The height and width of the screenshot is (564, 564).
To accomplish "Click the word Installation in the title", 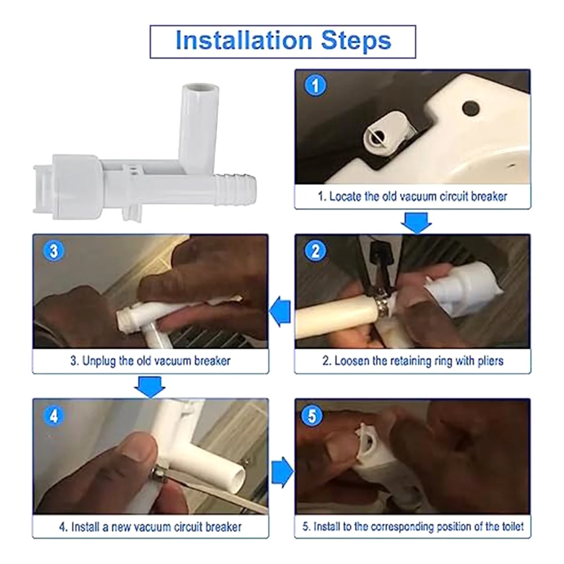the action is pos(244,40).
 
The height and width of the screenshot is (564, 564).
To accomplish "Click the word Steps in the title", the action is pos(356,41).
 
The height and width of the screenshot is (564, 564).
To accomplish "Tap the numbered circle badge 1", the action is pos(315,86).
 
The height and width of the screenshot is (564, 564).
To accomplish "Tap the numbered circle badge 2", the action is pos(315,251).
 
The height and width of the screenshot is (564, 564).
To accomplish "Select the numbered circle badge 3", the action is pos(54,251).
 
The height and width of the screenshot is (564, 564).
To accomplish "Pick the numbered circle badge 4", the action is pos(54,416).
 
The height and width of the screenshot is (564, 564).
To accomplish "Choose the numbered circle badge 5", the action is pos(313,416).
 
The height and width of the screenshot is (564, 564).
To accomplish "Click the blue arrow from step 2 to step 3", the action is pos(280,311).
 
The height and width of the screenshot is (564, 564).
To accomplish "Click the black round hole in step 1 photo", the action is pos(471,108).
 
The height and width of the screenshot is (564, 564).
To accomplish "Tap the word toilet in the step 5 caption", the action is pos(513,527).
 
